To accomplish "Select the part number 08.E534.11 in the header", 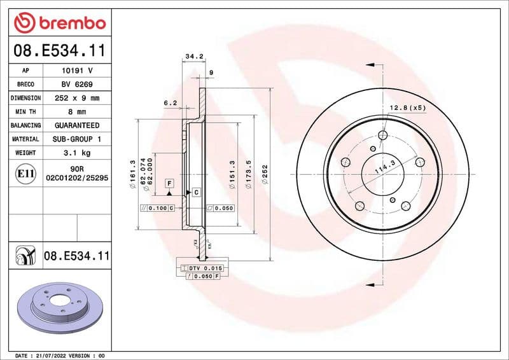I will coord(59,50).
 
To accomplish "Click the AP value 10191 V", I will coord(76,71).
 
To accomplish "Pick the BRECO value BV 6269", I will coord(76,85).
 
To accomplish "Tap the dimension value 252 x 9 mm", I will coord(76,98).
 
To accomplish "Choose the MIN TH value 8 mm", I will coord(76,112).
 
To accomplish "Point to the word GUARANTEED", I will coord(76,125).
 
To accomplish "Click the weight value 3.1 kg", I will coord(76,153).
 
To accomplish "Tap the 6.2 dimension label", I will coord(170,102).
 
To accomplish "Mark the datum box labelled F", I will coord(169,183).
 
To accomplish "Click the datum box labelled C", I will coord(196,192).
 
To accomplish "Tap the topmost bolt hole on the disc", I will coord(382,135).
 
